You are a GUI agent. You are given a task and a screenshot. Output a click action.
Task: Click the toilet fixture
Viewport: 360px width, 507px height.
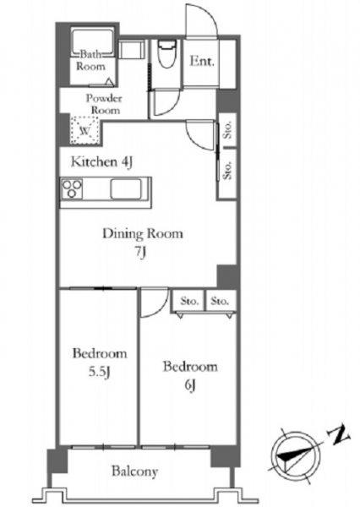pyautogui.click(x=166, y=53)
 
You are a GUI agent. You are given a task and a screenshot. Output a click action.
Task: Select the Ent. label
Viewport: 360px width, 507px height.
pyautogui.click(x=202, y=61)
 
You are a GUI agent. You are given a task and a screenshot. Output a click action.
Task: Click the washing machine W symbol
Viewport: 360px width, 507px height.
pyautogui.click(x=85, y=130)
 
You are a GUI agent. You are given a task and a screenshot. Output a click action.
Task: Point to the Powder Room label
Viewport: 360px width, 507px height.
pyautogui.click(x=104, y=104)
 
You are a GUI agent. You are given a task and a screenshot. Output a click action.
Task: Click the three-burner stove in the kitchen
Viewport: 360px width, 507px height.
pyautogui.click(x=72, y=188)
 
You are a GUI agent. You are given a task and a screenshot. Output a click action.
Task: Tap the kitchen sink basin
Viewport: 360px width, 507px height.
pyautogui.click(x=126, y=189)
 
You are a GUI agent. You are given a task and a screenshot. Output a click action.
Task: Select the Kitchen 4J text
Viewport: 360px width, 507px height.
pyautogui.click(x=101, y=162)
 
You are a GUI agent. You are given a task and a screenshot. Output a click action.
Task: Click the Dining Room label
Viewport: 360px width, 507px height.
pyautogui.click(x=143, y=233)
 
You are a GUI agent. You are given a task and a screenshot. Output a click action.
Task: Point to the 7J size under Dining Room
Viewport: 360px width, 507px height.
pyautogui.click(x=141, y=252)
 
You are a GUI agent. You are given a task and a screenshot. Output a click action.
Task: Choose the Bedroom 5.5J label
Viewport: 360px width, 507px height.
pyautogui.click(x=100, y=363)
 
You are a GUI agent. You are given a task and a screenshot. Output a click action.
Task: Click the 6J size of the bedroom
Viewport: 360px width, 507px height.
pyautogui.click(x=190, y=385)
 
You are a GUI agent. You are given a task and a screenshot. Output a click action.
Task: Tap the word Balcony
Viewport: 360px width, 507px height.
pyautogui.click(x=135, y=472)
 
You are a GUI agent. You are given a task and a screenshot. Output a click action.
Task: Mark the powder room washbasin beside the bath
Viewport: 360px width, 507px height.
pyautogui.click(x=132, y=50)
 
